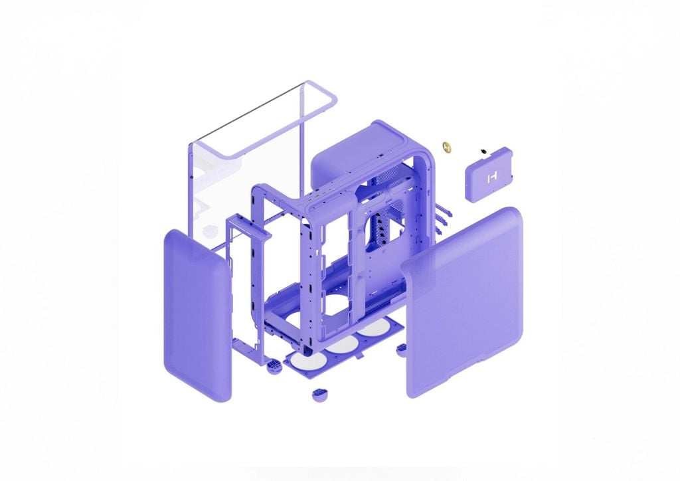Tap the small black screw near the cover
484,151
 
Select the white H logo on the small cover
492,177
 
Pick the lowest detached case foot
320,395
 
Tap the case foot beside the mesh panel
401,349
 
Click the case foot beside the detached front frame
272,365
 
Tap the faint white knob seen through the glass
211,231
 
